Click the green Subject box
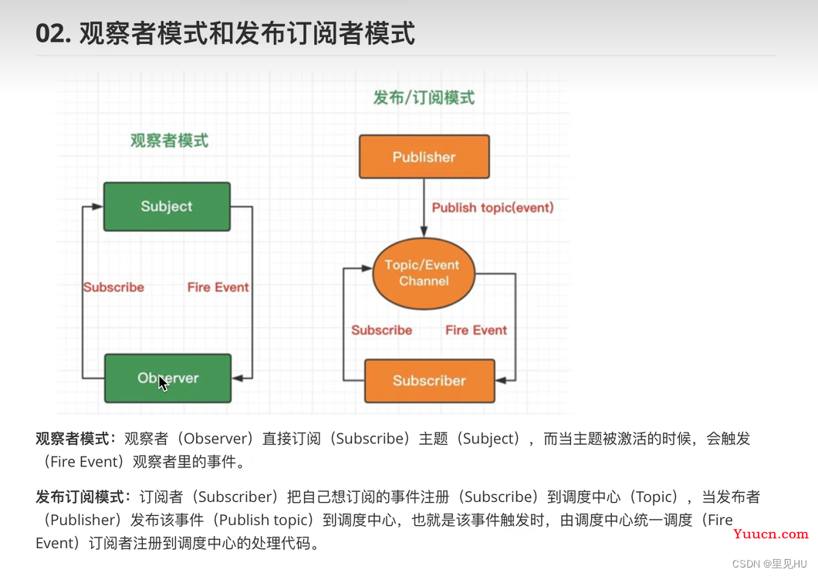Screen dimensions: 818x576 coord(167,207)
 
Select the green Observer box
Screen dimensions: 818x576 coord(168,379)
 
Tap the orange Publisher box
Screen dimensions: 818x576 coord(424,157)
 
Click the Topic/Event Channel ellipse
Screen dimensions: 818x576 coord(424,273)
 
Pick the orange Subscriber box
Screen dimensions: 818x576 coord(429,380)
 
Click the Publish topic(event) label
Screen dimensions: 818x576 coord(492,207)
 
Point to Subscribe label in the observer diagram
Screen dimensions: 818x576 coord(113,287)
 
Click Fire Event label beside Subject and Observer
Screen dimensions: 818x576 coord(218,287)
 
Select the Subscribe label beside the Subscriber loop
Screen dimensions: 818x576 coord(382,330)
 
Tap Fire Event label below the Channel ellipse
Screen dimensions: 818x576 coord(476,330)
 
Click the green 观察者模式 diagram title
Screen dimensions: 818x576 coord(169,140)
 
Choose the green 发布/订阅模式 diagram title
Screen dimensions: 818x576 coord(424,97)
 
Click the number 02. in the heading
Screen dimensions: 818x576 coord(52,33)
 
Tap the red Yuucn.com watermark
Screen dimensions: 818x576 coord(770,534)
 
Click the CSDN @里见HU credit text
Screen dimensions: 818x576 coord(769,564)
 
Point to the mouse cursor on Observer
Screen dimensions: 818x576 coord(164,383)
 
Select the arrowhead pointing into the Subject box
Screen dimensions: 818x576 coord(97,207)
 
